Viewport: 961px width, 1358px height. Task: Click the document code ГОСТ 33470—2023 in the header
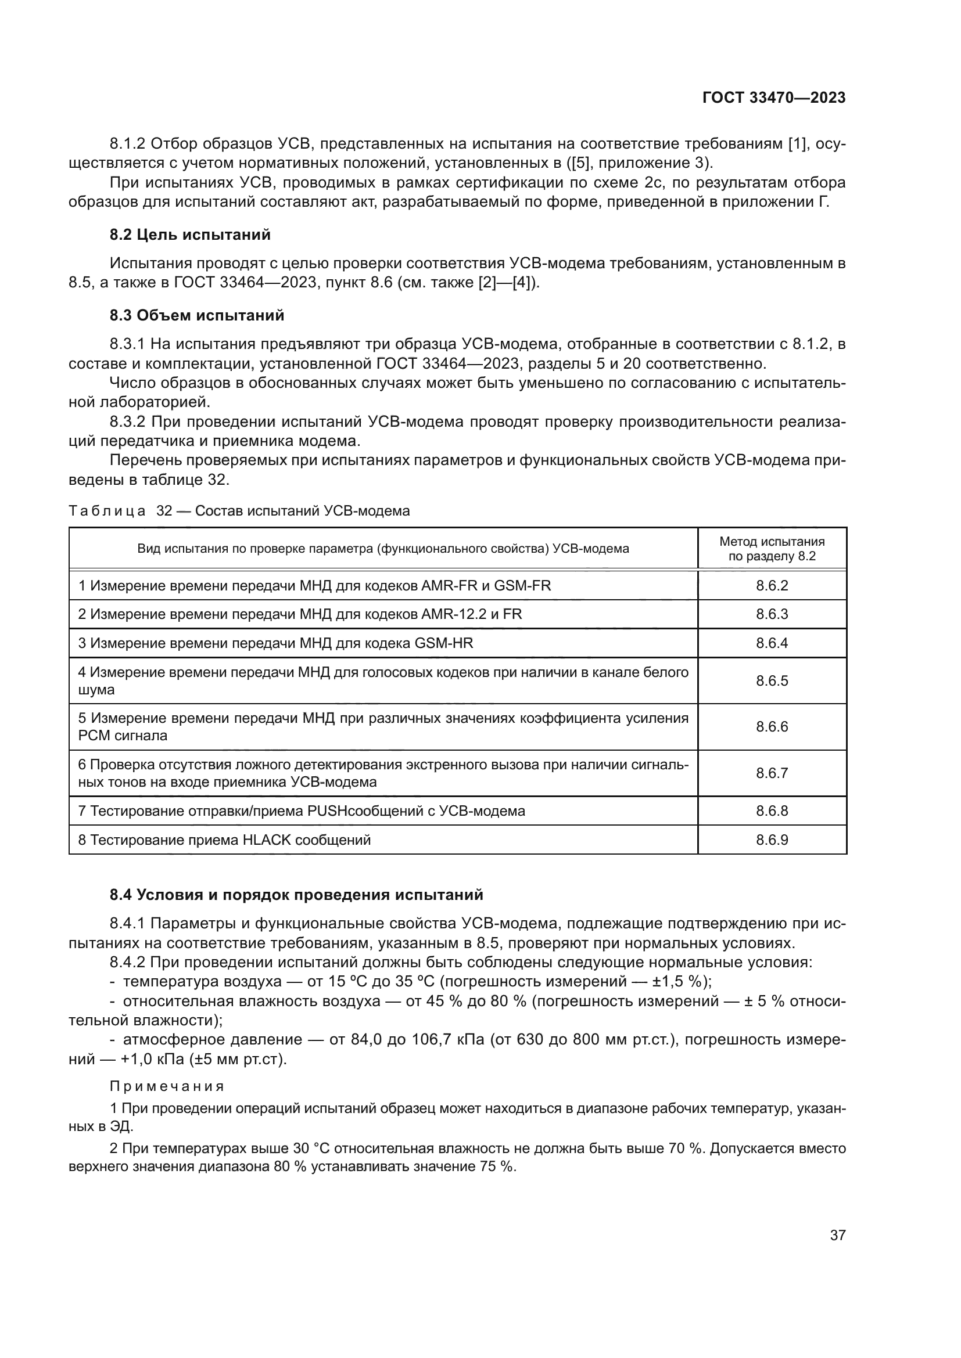[773, 98]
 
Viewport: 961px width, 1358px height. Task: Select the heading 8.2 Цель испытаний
[190, 235]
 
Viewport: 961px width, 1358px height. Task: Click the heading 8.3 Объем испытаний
[196, 315]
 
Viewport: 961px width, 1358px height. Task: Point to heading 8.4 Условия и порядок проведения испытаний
[296, 895]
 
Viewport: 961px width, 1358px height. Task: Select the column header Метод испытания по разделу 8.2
[772, 548]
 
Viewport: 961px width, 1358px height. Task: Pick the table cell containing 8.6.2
[772, 586]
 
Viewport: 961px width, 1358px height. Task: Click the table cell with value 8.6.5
[772, 681]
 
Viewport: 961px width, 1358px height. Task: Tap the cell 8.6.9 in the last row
[772, 840]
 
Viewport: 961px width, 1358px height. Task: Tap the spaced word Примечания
[167, 1086]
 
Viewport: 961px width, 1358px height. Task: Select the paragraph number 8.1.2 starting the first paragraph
[127, 144]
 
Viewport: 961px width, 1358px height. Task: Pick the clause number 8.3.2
[127, 422]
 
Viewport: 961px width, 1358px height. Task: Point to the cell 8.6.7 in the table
[772, 773]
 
